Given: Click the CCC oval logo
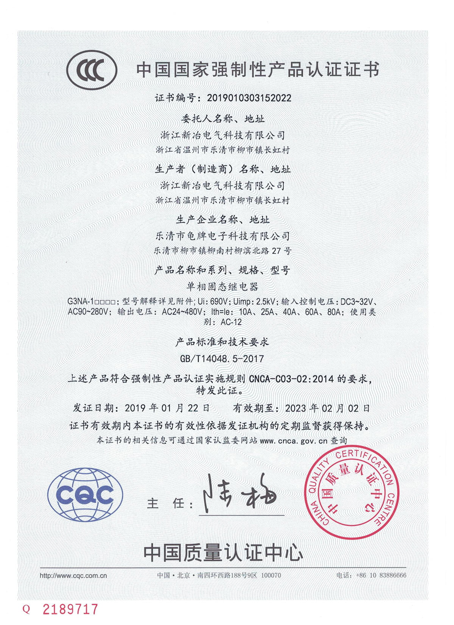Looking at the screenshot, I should pyautogui.click(x=92, y=70).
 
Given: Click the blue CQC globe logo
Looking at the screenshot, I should pyautogui.click(x=85, y=495).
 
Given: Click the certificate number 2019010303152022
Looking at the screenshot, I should pyautogui.click(x=249, y=98).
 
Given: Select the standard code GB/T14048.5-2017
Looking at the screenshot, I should pyautogui.click(x=222, y=358).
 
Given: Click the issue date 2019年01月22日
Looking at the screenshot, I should pyautogui.click(x=167, y=408).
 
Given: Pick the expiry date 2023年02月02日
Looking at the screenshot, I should pyautogui.click(x=327, y=408).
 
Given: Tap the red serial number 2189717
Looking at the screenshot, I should pyautogui.click(x=70, y=609).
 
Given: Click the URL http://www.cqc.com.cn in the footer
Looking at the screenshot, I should pyautogui.click(x=73, y=575).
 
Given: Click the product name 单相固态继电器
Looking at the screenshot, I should pyautogui.click(x=222, y=287).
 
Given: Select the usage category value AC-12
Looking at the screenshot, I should pyautogui.click(x=231, y=322).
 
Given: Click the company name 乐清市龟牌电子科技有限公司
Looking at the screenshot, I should pyautogui.click(x=222, y=236).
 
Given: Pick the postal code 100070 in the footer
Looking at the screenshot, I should pyautogui.click(x=271, y=575).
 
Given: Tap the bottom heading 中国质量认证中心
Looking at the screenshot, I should pyautogui.click(x=223, y=553).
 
